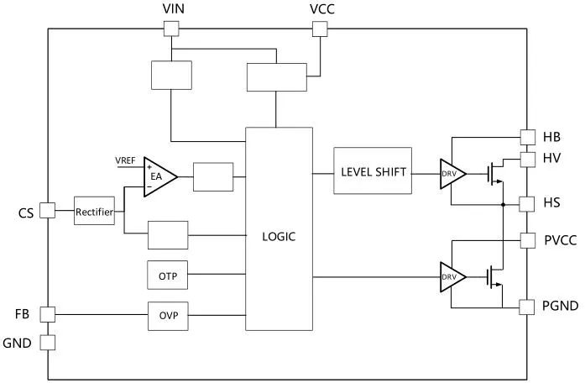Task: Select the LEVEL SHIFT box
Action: point(373,172)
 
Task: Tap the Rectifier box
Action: point(94,212)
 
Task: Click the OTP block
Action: point(168,275)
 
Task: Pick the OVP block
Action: point(168,317)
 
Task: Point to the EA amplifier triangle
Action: point(158,177)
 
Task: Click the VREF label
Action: point(128,160)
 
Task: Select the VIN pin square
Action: point(170,29)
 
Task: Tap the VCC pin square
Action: point(319,29)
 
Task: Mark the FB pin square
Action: point(48,314)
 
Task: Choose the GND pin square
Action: point(48,343)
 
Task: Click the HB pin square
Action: point(527,136)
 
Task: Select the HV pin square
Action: point(527,159)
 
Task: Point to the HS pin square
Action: point(527,203)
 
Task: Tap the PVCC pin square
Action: point(527,240)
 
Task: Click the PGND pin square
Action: point(527,307)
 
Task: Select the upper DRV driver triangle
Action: point(451,173)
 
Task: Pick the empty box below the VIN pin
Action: point(170,75)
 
